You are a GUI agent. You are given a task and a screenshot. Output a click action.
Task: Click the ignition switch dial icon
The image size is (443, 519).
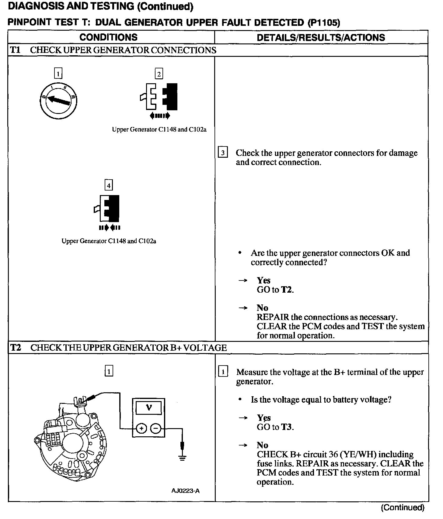point(58,100)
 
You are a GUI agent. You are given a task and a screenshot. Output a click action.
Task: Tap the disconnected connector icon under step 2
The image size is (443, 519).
point(159,96)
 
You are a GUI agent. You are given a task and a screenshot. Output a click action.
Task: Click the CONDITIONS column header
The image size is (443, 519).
point(108,37)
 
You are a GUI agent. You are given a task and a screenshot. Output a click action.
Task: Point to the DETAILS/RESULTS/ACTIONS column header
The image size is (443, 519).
point(321,38)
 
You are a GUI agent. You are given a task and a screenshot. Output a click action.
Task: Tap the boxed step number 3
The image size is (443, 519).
point(223,153)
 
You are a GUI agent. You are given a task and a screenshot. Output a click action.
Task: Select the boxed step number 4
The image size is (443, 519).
point(108,185)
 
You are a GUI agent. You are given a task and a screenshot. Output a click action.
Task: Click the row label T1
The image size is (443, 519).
point(15,50)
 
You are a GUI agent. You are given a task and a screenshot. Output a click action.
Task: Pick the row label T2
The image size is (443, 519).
point(16,348)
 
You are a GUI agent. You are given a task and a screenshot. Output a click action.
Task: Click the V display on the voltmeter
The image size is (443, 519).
point(149,407)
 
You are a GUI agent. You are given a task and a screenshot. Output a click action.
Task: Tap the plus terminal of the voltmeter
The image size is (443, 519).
point(141,428)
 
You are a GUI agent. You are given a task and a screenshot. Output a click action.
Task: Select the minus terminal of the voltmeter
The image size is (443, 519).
point(156,428)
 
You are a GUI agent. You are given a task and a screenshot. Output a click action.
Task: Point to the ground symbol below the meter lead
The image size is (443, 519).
point(182,458)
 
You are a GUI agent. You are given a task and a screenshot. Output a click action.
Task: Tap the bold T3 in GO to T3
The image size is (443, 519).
point(286,427)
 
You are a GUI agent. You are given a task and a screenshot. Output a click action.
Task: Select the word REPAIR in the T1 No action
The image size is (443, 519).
point(273,317)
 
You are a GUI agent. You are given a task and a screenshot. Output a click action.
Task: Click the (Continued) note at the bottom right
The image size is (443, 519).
point(402,507)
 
